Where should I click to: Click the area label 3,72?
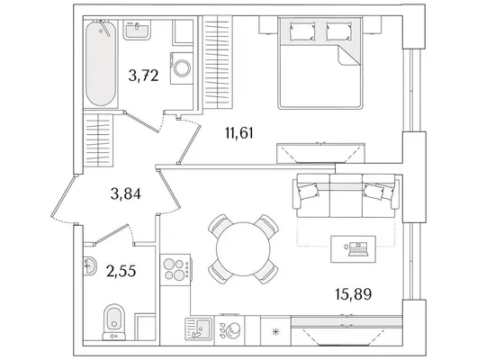coord(144,76)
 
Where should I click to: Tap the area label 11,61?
coord(239,133)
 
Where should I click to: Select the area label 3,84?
coord(126,193)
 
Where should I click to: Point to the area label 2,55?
coord(121,271)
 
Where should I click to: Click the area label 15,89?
coord(354,294)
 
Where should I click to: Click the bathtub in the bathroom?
coord(101,63)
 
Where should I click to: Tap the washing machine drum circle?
coord(182,68)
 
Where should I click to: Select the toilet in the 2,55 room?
coord(114,322)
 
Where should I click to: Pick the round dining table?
coord(243,249)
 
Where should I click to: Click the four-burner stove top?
coord(175,270)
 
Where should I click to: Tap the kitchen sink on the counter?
coord(199,329)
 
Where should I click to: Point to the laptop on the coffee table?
coord(358,249)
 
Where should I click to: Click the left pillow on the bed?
coord(302,31)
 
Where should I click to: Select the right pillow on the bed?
coord(339,31)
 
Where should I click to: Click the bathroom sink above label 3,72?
coord(137,30)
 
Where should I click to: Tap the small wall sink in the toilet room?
coord(89,265)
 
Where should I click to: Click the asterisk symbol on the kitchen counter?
coord(275,332)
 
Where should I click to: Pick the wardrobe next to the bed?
coord(218,62)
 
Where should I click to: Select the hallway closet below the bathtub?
coord(98,140)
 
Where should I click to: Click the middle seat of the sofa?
coord(346,195)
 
